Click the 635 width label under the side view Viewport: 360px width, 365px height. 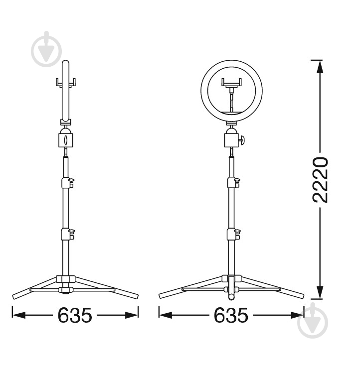click(x=75, y=315)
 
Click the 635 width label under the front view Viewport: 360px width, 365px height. click(x=231, y=315)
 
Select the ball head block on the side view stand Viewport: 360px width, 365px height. click(x=66, y=139)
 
